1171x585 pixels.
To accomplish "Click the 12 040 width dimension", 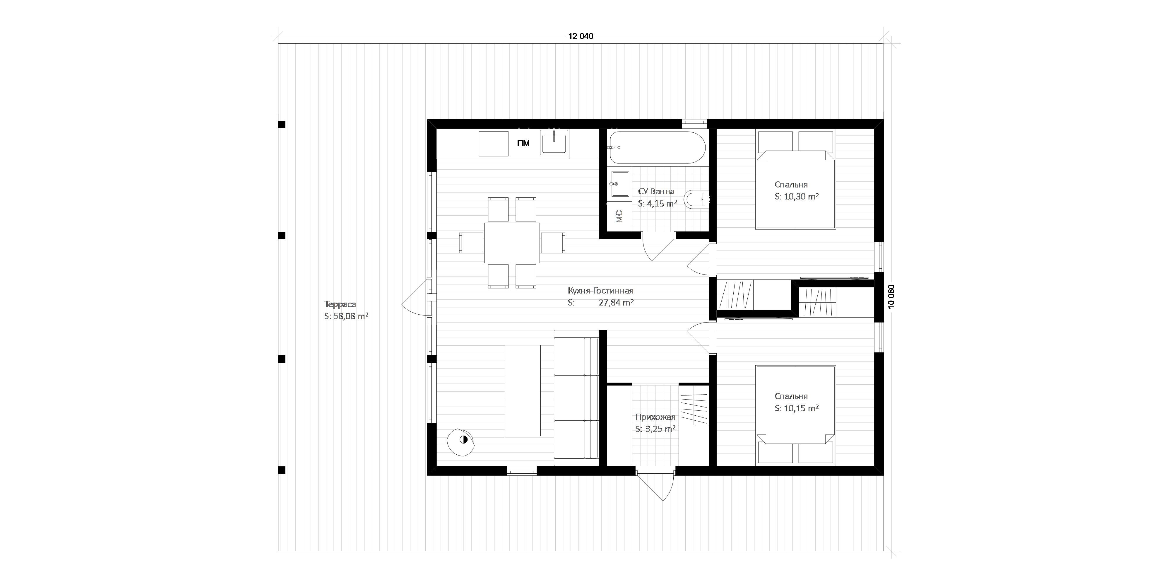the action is coord(581,36).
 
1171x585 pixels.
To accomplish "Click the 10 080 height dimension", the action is coord(891,297).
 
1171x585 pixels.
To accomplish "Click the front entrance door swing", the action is coord(655,487).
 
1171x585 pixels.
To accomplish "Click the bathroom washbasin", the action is coord(619,184).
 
